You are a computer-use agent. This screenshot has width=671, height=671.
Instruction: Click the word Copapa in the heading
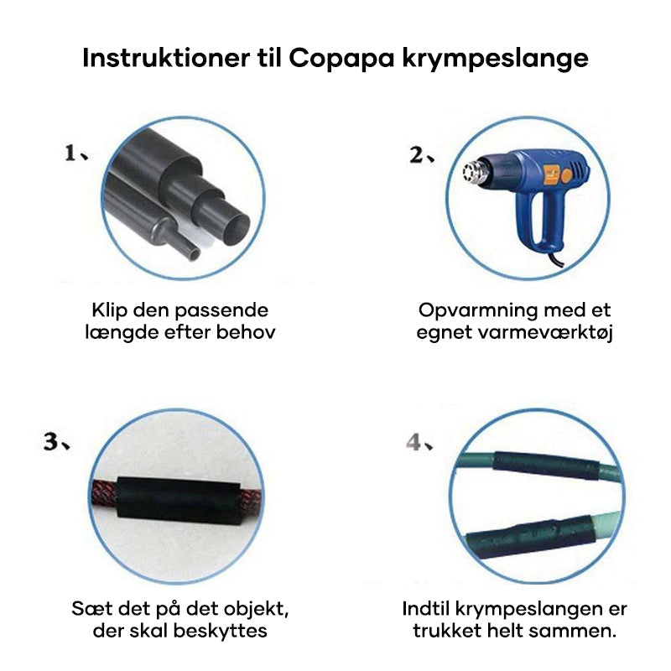click(341, 59)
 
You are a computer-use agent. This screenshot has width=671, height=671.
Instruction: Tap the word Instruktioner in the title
click(165, 57)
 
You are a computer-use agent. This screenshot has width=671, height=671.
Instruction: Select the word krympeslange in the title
click(495, 59)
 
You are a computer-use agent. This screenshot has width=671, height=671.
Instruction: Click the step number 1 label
click(70, 153)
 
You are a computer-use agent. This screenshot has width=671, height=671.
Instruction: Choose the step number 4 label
click(414, 442)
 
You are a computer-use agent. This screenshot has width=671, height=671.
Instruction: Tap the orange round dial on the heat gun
click(566, 175)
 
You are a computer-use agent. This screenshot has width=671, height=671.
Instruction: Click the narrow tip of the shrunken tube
click(194, 253)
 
